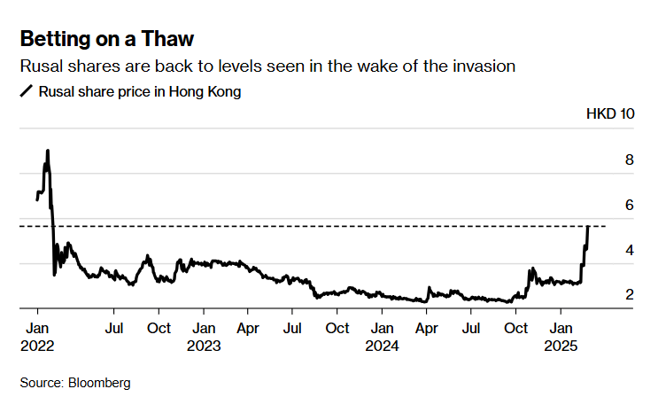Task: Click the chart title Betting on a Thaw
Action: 107,39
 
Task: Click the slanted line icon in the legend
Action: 26,90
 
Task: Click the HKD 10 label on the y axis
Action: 610,114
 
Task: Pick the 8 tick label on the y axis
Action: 629,160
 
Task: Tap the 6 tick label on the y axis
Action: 629,206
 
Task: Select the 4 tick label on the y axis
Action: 629,251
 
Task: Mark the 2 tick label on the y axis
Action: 629,294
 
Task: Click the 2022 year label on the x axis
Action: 38,345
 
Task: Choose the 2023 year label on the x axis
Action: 204,345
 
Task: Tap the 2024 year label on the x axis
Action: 382,345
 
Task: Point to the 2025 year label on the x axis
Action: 560,345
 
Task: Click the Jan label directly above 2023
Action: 204,327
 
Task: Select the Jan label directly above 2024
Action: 382,327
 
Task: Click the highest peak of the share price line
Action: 47,152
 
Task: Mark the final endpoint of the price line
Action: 588,227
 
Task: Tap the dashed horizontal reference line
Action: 310,227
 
